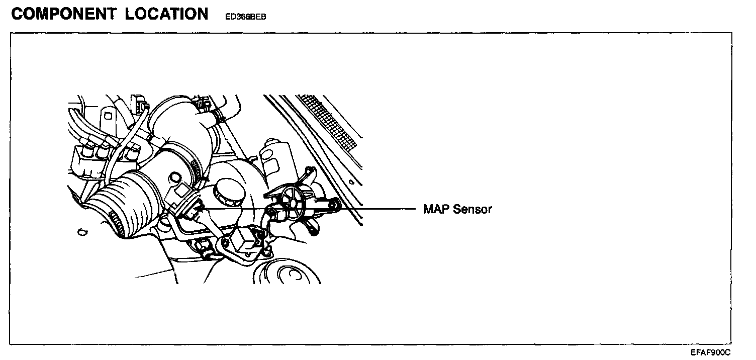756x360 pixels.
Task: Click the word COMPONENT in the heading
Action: point(64,14)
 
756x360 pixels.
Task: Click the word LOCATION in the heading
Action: point(167,14)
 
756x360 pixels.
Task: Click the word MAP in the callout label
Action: point(436,209)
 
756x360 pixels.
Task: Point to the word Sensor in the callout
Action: point(472,209)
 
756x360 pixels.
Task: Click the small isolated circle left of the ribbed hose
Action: point(80,232)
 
